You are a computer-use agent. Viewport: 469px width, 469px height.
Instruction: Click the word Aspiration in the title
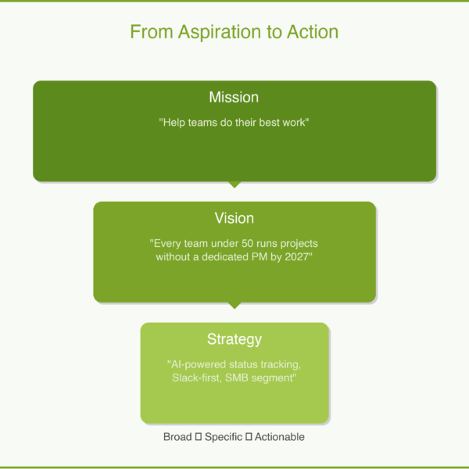[x=209, y=32]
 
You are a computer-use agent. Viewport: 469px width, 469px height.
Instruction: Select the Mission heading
[x=234, y=98]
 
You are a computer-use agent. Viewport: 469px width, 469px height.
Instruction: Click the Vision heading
[x=234, y=218]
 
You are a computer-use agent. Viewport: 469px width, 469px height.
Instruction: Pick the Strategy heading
[x=234, y=339]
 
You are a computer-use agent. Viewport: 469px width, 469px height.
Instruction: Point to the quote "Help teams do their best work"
[x=234, y=123]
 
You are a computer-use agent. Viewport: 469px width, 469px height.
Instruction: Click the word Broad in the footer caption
[x=177, y=437]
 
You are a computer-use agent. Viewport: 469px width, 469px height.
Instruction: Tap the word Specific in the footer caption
[x=224, y=437]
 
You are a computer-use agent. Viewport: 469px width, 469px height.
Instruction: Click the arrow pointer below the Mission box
[x=234, y=185]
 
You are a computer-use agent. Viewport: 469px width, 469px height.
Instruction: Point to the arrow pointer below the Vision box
[x=234, y=306]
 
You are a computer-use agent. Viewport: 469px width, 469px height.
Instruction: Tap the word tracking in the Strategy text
[x=281, y=364]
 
